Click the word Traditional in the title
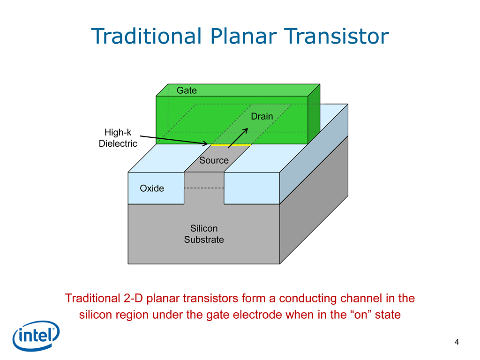coord(147,36)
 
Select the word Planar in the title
coord(243,36)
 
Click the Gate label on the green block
coord(187,90)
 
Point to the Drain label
coord(262,116)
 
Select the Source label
coord(214,160)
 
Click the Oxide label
coord(152,188)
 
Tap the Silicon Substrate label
coord(204,234)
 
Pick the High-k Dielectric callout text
coord(118,138)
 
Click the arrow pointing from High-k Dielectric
coord(173,140)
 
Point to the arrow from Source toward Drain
coord(238,138)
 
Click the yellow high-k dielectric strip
coord(231,145)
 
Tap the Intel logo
coord(36,336)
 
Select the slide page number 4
coord(457,342)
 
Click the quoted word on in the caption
coord(361,315)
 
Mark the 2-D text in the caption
coord(134,298)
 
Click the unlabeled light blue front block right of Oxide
coord(252,188)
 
